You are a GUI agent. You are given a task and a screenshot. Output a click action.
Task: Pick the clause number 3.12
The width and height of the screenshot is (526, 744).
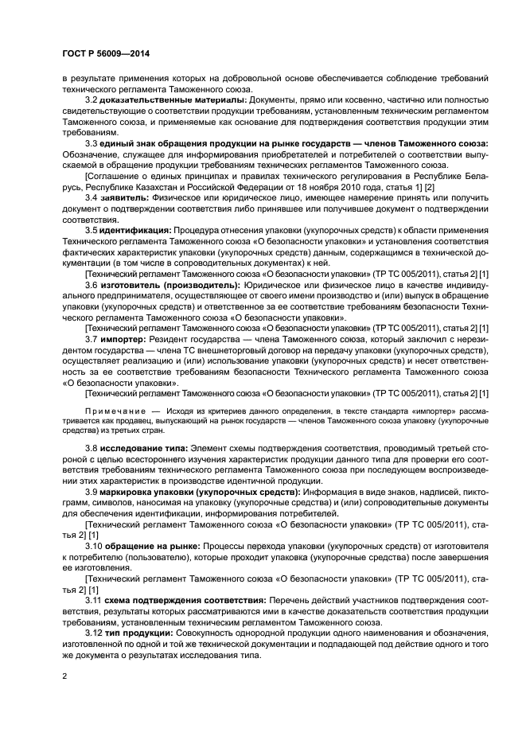click(94, 632)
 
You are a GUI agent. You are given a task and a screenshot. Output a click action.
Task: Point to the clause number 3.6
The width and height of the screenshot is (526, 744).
click(92, 283)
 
